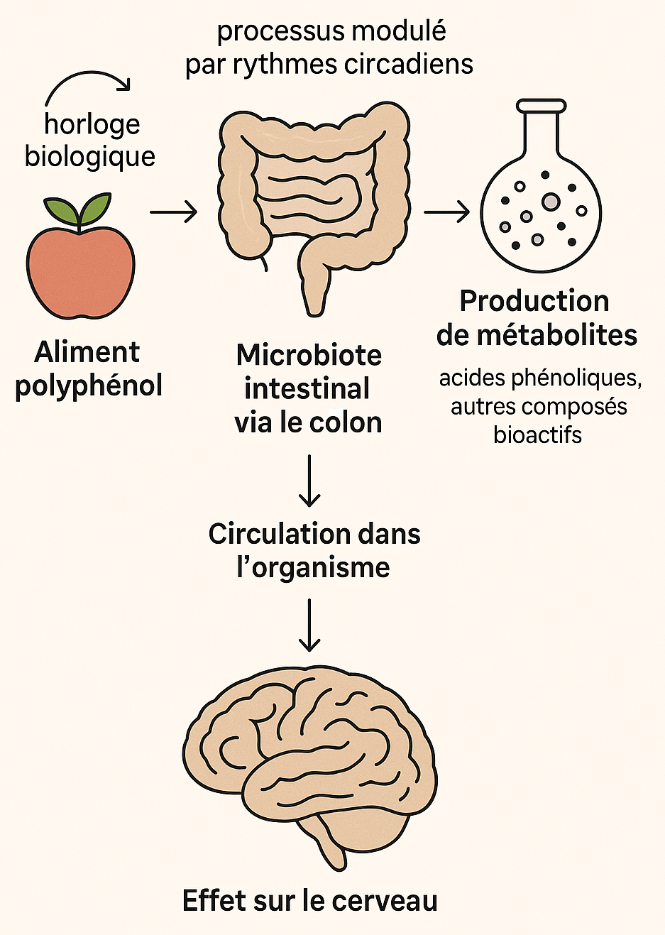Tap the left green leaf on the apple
coord(60,210)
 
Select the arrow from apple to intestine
coord(173,211)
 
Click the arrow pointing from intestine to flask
coord(447,212)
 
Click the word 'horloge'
coord(92,124)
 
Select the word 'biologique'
coord(90,157)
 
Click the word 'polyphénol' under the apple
coord(89,386)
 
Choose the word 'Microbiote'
coord(309,355)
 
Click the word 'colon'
coord(349,422)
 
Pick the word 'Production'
coord(534,301)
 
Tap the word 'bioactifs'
coord(537,434)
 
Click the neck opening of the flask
coord(542,106)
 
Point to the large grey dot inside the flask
coord(551,202)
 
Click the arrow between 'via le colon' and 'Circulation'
coord(309,481)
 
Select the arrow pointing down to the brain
coord(309,625)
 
